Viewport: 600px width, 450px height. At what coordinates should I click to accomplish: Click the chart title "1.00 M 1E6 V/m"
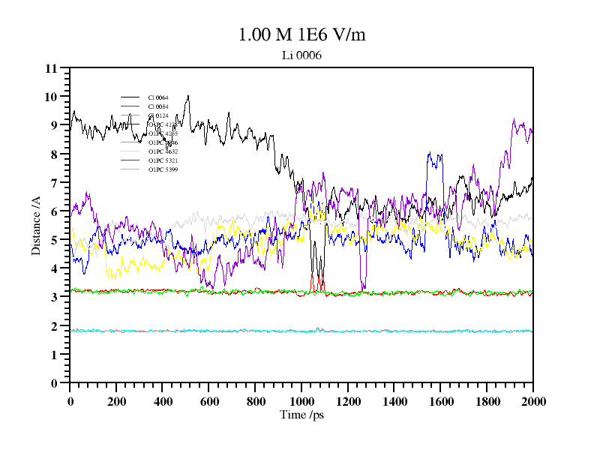[301, 34]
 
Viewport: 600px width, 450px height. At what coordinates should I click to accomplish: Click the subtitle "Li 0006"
[301, 55]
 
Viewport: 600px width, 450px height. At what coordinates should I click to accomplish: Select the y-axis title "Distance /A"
[35, 226]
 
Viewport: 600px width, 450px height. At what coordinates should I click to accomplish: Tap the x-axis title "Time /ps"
[301, 415]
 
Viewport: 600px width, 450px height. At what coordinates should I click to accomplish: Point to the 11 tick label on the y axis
[51, 68]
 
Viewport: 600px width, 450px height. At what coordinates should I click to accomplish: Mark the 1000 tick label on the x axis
[301, 400]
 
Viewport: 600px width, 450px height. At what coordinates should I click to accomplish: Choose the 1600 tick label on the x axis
[440, 400]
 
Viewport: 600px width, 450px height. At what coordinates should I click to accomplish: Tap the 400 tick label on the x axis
[163, 400]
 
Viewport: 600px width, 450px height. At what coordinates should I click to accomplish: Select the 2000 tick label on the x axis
[532, 400]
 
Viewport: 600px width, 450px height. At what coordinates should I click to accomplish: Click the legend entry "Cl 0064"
[158, 97]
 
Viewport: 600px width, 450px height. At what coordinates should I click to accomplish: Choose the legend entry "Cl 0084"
[158, 106]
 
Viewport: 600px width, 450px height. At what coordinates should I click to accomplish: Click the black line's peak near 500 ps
[187, 97]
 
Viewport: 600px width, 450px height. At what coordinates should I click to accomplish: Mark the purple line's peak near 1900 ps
[514, 120]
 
